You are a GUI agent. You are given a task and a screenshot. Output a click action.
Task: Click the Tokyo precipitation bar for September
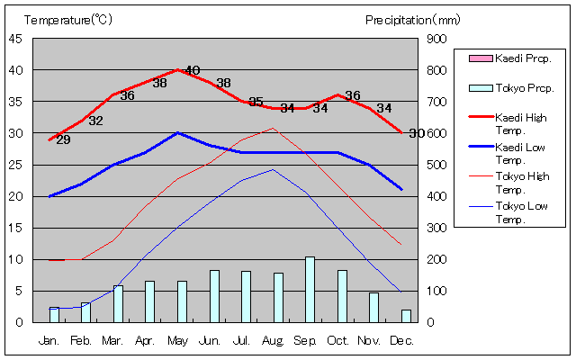tap(310, 289)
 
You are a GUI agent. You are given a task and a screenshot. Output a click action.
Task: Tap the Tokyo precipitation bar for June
tap(214, 296)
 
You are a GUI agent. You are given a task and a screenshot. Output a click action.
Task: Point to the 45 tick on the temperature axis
tap(16, 39)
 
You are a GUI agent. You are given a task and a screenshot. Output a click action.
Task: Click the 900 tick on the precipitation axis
tap(435, 39)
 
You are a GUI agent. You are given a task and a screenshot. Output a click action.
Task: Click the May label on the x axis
tap(176, 341)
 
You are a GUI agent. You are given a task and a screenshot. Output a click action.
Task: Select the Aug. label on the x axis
tap(273, 341)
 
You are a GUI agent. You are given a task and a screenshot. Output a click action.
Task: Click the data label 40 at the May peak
tap(192, 70)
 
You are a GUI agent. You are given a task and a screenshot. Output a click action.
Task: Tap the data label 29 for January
tap(63, 139)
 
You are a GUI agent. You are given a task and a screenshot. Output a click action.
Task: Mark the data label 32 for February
tap(95, 121)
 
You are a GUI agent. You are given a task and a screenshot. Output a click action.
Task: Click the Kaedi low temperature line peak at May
tap(177, 133)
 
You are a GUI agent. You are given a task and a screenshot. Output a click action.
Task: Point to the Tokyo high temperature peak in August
tap(274, 128)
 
